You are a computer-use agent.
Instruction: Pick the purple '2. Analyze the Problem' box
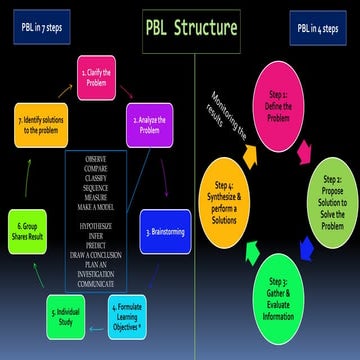150,128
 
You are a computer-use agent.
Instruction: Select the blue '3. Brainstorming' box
164,231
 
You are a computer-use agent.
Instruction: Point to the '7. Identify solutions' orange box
40,126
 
